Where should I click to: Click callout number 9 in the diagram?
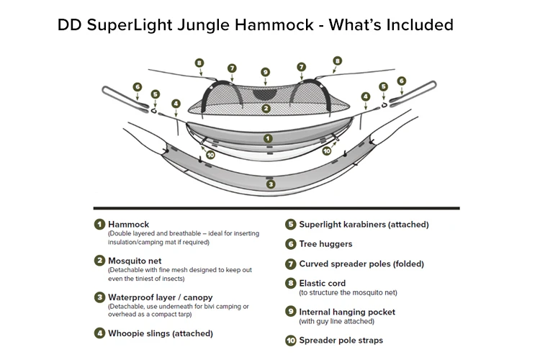click(266, 72)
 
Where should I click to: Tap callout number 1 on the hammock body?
click(267, 138)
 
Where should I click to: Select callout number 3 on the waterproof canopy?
click(270, 184)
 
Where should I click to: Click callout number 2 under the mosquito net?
click(266, 109)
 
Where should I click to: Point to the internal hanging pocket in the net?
click(266, 93)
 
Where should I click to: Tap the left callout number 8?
click(200, 63)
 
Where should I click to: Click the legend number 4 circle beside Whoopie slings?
click(99, 333)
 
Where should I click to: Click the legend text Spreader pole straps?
click(341, 340)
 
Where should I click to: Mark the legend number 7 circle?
click(290, 264)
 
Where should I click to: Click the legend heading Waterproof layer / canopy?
click(161, 297)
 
